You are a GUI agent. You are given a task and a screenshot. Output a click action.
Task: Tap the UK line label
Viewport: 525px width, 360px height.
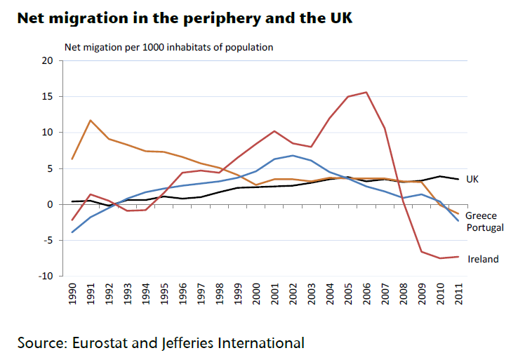pyautogui.click(x=472, y=180)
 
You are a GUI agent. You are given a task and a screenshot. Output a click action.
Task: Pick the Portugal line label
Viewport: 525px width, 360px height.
pyautogui.click(x=485, y=227)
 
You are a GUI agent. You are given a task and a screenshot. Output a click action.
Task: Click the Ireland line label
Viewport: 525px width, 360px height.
pyautogui.click(x=482, y=259)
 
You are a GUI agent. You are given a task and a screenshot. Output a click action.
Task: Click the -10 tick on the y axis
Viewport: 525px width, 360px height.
pyautogui.click(x=46, y=276)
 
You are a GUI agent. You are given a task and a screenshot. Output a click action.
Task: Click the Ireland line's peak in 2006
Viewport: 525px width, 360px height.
pyautogui.click(x=366, y=92)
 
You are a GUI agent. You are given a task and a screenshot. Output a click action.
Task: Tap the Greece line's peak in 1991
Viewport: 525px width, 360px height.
pyautogui.click(x=91, y=121)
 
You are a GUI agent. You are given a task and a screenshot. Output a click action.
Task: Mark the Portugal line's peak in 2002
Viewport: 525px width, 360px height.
pyautogui.click(x=292, y=155)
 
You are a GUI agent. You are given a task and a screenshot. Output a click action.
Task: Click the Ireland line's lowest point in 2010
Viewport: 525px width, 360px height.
pyautogui.click(x=439, y=258)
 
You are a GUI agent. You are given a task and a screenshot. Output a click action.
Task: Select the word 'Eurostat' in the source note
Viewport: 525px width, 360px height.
pyautogui.click(x=98, y=343)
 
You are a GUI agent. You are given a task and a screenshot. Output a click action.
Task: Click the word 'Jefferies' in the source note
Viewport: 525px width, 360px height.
pyautogui.click(x=183, y=343)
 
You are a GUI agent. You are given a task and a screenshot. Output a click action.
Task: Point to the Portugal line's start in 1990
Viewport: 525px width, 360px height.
pyautogui.click(x=72, y=232)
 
